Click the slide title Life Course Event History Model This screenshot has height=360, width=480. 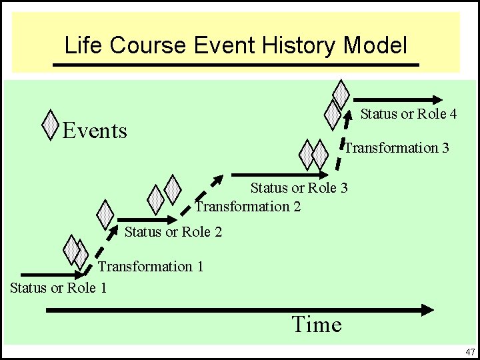tap(235, 45)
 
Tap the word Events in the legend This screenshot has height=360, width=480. tap(94, 131)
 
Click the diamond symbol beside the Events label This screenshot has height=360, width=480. tap(50, 125)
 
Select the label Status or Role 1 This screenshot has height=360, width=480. tap(59, 288)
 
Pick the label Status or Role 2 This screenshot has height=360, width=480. tap(173, 232)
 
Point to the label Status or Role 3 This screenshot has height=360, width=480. tap(299, 188)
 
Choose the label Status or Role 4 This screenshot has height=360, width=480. tap(408, 114)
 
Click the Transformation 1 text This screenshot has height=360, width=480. tap(151, 267)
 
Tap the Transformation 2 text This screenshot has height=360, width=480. tap(247, 207)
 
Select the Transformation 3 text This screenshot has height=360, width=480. tap(396, 147)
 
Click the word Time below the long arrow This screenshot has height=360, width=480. tap(316, 325)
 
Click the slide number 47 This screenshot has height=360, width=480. tap(470, 351)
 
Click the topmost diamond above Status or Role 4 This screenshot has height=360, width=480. tap(341, 94)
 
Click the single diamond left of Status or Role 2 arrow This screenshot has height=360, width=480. tap(105, 214)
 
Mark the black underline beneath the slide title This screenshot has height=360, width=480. tap(235, 65)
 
